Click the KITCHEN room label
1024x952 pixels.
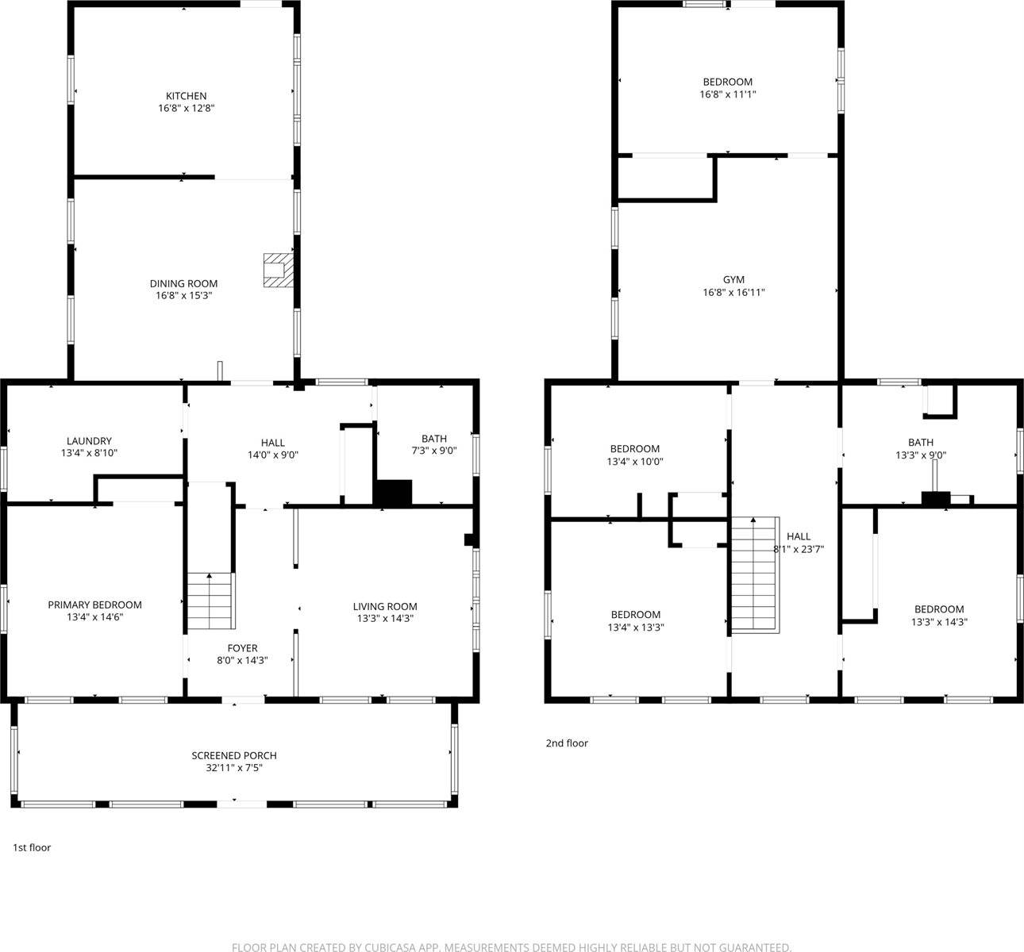[186, 96]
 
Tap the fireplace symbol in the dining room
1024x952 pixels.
[278, 270]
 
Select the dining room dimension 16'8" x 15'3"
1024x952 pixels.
[184, 296]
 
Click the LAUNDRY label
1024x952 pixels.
[89, 441]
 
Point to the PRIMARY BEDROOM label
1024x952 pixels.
[94, 605]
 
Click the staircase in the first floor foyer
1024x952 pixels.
[211, 601]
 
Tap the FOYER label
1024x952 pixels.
[242, 648]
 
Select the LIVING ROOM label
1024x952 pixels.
[385, 607]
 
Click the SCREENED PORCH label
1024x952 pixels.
[234, 755]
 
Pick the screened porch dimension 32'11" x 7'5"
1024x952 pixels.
[234, 768]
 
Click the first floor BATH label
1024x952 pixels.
[434, 439]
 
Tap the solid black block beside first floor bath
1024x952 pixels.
[393, 493]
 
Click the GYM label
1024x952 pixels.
[733, 280]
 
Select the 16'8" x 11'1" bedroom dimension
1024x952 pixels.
[727, 94]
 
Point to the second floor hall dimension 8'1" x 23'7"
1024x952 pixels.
[798, 549]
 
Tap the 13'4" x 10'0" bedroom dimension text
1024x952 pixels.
[635, 462]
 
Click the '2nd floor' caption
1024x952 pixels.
[567, 743]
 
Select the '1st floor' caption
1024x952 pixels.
[32, 848]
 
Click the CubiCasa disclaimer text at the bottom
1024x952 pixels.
[511, 946]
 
